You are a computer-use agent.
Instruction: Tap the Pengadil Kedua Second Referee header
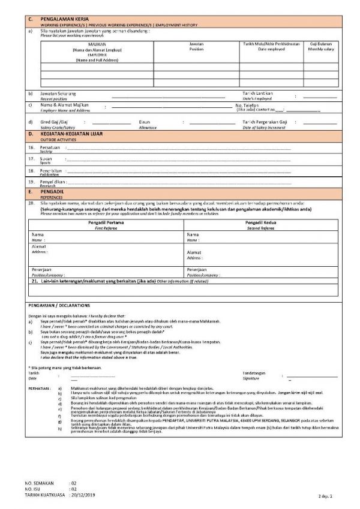coord(260,222)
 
